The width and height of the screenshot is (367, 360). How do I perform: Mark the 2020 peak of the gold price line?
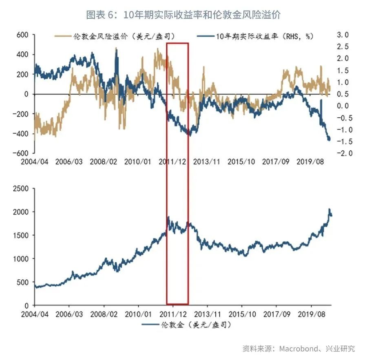coord(329,209)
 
